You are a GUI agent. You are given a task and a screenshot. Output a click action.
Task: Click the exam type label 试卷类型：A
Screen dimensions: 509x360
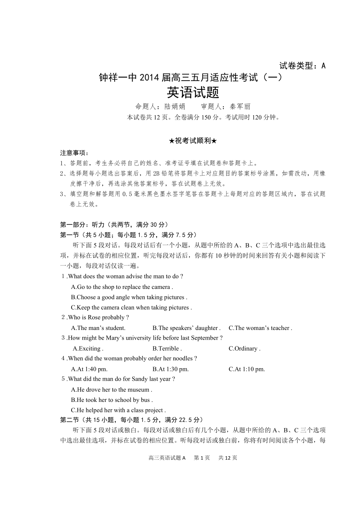pos(302,66)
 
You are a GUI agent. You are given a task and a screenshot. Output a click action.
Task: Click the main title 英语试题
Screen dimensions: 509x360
pos(193,92)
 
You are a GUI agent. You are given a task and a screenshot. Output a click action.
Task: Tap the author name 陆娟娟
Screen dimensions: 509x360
pos(175,106)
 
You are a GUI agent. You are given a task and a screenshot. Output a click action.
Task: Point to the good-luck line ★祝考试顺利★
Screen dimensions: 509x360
pos(193,141)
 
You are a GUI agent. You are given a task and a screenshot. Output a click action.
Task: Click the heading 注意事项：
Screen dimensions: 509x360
pos(74,153)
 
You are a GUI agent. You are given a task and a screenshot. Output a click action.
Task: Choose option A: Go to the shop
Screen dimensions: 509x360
pos(122,287)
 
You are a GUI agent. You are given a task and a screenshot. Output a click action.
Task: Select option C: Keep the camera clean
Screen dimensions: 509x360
pos(131,307)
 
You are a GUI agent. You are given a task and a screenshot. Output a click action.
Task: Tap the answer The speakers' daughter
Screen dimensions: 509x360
pos(187,328)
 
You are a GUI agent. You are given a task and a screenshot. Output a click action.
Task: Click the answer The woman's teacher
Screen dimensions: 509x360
pos(260,328)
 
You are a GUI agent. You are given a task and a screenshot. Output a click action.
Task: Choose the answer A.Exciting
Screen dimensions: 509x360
pos(88,348)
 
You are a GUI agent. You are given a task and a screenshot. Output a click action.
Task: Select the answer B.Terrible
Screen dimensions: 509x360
pos(167,348)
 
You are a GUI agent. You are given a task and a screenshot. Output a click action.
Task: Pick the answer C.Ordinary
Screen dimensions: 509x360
pos(244,348)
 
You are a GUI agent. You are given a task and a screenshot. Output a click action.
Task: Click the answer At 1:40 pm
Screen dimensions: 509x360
pos(89,369)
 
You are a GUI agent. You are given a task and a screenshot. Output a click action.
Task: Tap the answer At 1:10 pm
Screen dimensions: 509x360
pos(247,369)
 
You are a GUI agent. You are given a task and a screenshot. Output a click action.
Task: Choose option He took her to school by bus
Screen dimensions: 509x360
pos(112,400)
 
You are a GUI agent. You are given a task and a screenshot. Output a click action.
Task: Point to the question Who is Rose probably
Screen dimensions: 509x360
pos(95,317)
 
